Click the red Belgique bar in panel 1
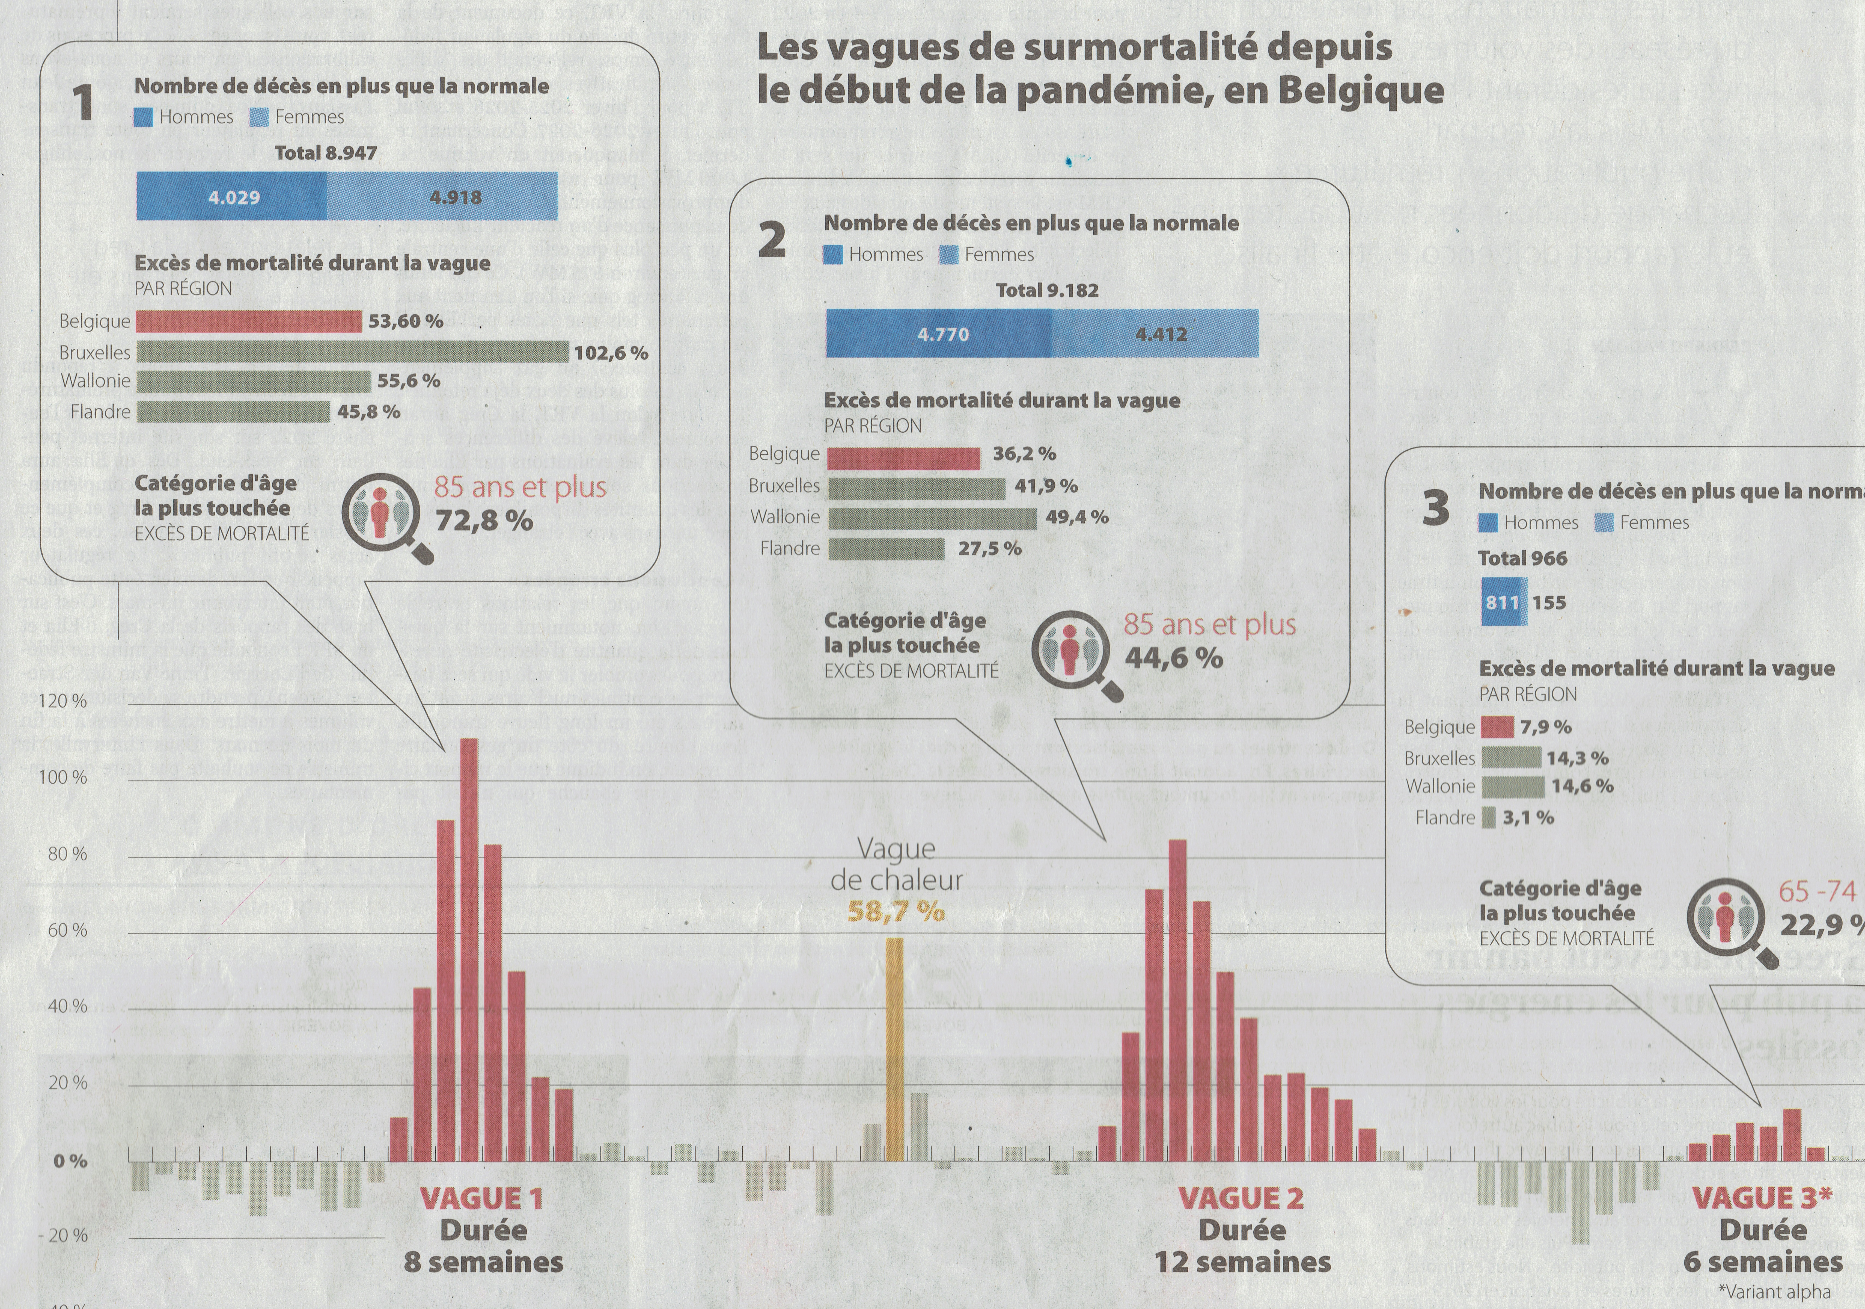(249, 322)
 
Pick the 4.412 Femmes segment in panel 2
(1160, 334)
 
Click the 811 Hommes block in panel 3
(1503, 602)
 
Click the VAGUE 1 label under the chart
(481, 1198)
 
